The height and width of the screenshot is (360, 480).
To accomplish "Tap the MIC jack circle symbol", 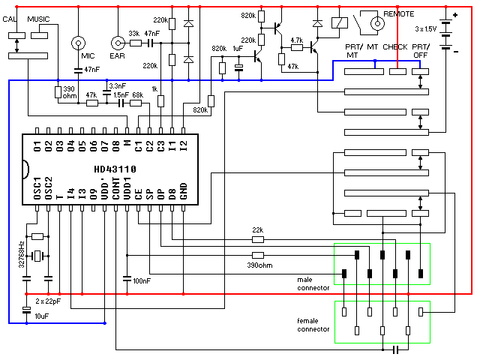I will [79, 42].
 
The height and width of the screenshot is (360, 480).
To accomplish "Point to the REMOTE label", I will [398, 14].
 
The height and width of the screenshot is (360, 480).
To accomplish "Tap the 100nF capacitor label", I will [141, 280].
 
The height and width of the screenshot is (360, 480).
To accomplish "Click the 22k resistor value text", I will [257, 230].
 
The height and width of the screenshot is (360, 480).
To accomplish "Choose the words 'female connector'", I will [313, 324].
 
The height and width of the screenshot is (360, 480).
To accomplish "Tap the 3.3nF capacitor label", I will [117, 87].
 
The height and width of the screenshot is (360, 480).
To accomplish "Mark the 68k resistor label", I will [137, 95].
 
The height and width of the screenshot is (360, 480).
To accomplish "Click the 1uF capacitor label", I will [238, 49].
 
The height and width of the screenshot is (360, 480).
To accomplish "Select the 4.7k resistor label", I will [295, 40].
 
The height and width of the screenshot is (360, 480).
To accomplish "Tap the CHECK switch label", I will [395, 47].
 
